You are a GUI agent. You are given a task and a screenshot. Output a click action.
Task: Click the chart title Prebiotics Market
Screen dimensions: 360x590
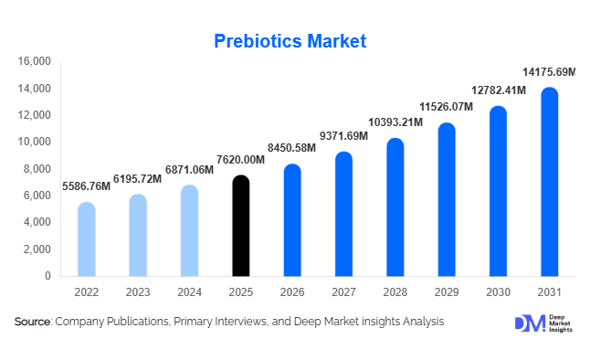(290, 41)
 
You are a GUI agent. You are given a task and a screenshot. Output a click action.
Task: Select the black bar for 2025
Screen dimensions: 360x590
(240, 226)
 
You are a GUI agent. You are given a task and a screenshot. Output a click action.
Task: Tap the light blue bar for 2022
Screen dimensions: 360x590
(86, 239)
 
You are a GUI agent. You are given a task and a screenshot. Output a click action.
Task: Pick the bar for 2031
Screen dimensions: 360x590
(549, 182)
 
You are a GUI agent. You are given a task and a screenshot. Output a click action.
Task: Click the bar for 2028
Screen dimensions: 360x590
(395, 207)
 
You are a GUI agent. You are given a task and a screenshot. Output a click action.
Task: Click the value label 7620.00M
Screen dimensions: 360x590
(240, 160)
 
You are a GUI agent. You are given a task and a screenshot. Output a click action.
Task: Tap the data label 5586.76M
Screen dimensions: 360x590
(86, 186)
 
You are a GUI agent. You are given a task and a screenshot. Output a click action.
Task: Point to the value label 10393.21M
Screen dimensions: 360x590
(395, 122)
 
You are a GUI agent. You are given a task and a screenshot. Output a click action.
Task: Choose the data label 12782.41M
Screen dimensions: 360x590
(498, 90)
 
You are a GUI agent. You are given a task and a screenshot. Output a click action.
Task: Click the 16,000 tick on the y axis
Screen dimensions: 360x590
(34, 62)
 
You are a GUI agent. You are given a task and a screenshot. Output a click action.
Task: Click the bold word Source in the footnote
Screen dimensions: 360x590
(32, 322)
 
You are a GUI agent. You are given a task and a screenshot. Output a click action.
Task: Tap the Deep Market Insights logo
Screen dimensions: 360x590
(543, 323)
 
